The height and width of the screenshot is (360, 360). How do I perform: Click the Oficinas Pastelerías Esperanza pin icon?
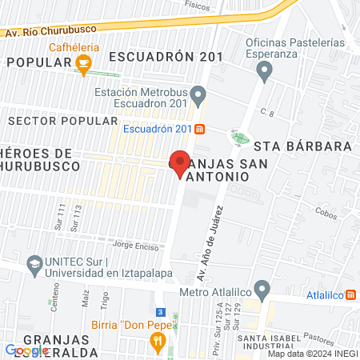click(265, 71)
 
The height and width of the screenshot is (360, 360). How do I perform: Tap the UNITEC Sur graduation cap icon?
click(34, 263)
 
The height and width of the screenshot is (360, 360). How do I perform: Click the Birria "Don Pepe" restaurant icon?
click(158, 342)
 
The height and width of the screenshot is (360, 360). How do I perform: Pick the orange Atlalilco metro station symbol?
click(353, 294)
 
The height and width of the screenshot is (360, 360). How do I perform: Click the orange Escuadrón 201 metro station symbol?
click(200, 129)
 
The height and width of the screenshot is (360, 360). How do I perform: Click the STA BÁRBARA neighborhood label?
click(303, 146)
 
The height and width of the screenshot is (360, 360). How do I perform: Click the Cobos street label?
click(326, 214)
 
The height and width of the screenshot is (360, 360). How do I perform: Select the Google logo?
click(27, 350)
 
